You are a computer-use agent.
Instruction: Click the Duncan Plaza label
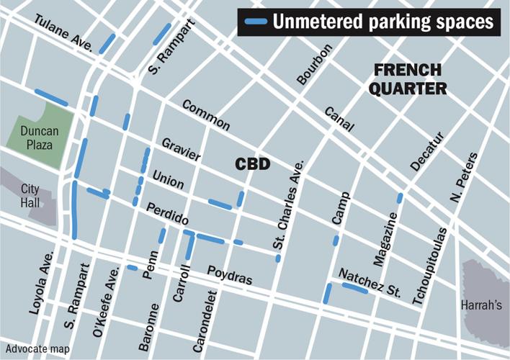point(40,138)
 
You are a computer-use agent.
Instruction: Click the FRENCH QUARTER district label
point(410,80)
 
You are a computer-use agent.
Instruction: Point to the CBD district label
point(253,165)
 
